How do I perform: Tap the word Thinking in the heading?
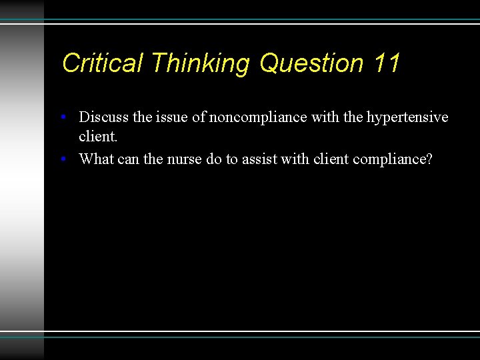pyautogui.click(x=200, y=63)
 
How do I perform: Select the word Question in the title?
pyautogui.click(x=311, y=63)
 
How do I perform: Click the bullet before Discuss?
pyautogui.click(x=62, y=118)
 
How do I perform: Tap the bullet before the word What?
pyautogui.click(x=62, y=160)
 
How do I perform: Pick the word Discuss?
pyautogui.click(x=104, y=117)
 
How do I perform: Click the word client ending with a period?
pyautogui.click(x=98, y=137)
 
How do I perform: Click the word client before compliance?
pyautogui.click(x=332, y=159)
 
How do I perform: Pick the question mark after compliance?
pyautogui.click(x=429, y=159)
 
